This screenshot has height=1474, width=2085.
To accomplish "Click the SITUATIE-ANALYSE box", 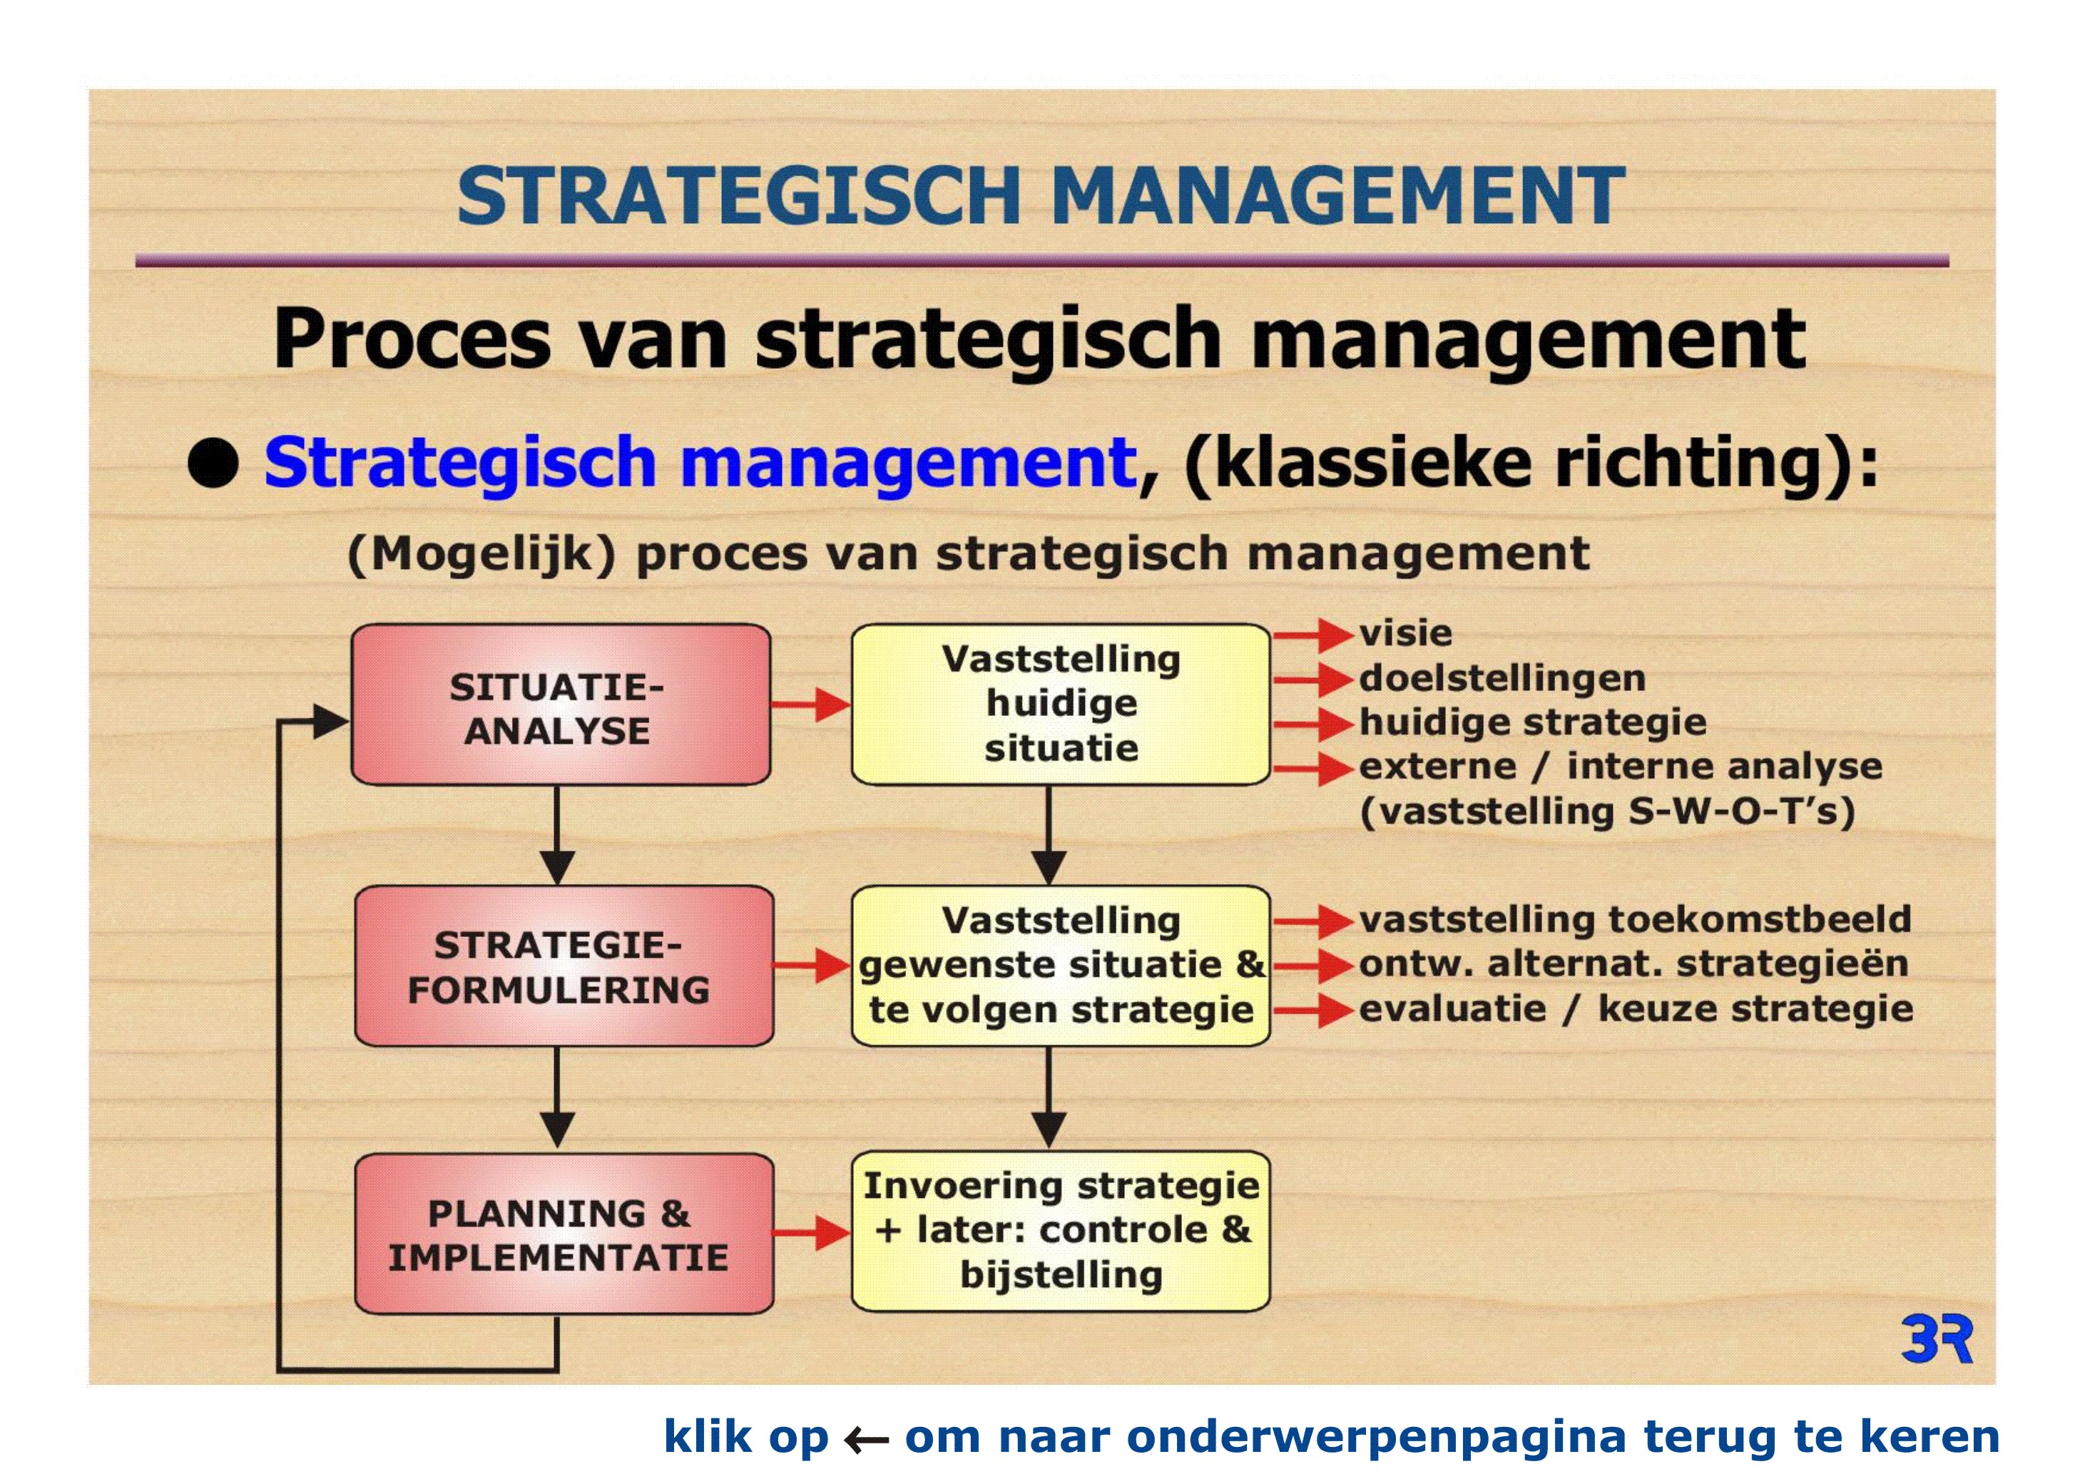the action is tap(560, 705).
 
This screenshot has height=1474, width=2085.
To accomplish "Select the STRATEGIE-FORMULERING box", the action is tap(564, 966).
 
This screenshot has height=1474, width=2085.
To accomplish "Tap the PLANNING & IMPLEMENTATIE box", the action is tap(564, 1234).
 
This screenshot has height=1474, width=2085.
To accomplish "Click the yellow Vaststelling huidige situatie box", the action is tap(1061, 705).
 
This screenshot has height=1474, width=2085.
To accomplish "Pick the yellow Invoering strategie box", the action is tap(1061, 1232).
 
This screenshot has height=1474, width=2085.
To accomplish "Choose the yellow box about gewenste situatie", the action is tap(1061, 966).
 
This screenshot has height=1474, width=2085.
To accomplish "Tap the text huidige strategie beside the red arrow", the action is tap(1533, 722).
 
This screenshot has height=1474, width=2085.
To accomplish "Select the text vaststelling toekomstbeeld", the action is tap(1635, 919).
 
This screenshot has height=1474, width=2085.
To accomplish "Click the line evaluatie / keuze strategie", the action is tap(1636, 1008).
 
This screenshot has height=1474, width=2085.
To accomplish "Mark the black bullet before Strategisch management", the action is tap(213, 463).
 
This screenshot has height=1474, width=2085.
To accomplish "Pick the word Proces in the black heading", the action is tap(412, 339).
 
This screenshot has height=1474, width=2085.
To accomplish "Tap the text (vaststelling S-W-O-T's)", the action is tap(1607, 811).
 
